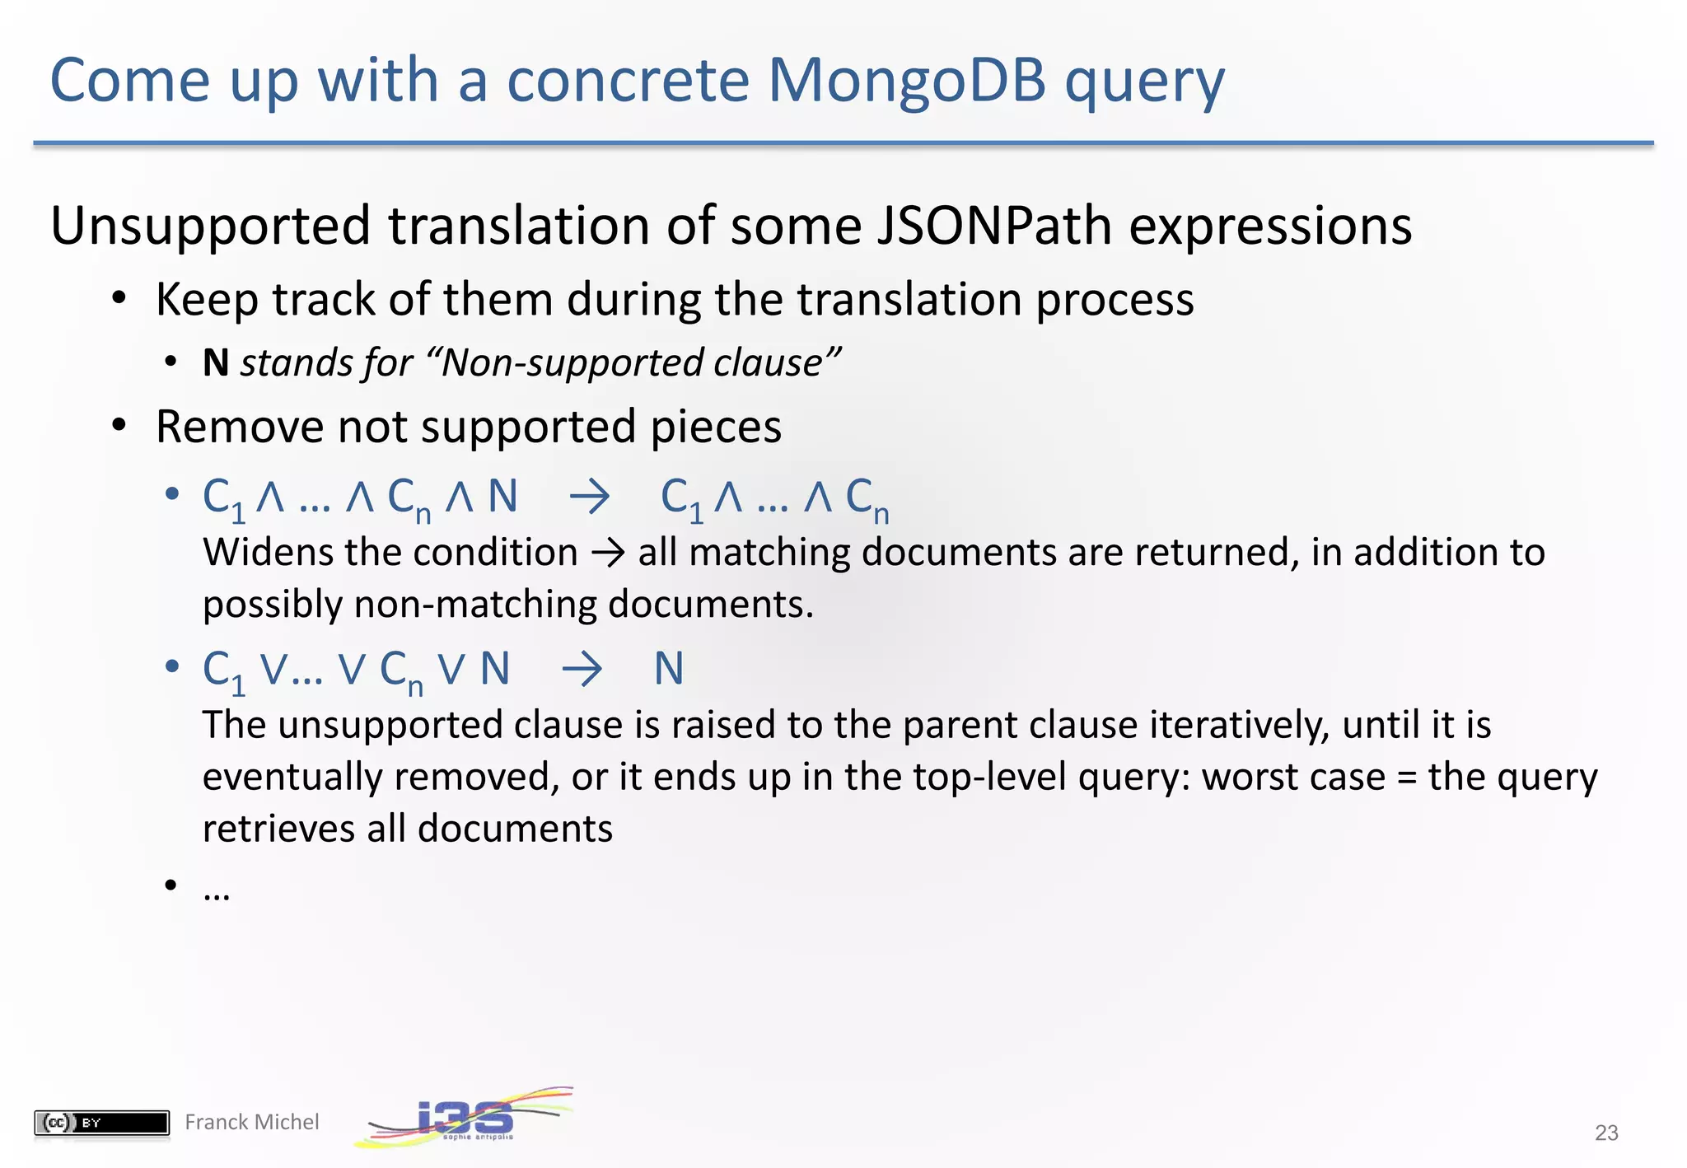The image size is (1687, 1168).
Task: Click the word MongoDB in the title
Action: coord(906,81)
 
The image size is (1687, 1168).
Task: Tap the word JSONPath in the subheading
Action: coord(993,226)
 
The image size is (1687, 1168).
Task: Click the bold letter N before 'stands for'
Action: coord(216,363)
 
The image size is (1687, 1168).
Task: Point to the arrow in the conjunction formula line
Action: coord(590,498)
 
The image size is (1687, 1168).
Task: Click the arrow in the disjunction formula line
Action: coord(582,669)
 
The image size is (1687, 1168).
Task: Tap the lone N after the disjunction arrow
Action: coord(669,669)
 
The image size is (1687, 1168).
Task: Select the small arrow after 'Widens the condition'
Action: coord(608,553)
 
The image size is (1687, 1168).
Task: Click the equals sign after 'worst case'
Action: coord(1406,778)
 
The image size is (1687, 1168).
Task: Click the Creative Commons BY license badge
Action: coord(101,1122)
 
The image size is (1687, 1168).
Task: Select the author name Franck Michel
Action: coord(251,1122)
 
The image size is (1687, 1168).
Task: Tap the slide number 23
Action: coord(1606,1133)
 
